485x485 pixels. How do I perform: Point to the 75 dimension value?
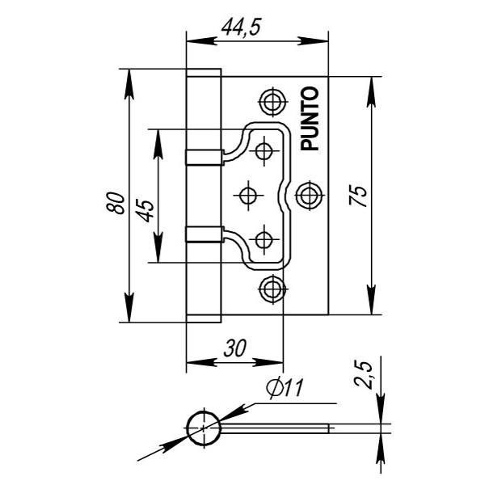(361, 196)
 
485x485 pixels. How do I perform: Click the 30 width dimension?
(234, 348)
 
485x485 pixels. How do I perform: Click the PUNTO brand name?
(311, 119)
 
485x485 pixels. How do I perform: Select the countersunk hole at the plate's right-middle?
(308, 194)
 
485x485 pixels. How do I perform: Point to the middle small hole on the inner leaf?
(248, 194)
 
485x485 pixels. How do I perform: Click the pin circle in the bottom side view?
(202, 426)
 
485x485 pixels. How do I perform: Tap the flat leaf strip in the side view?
(275, 426)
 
